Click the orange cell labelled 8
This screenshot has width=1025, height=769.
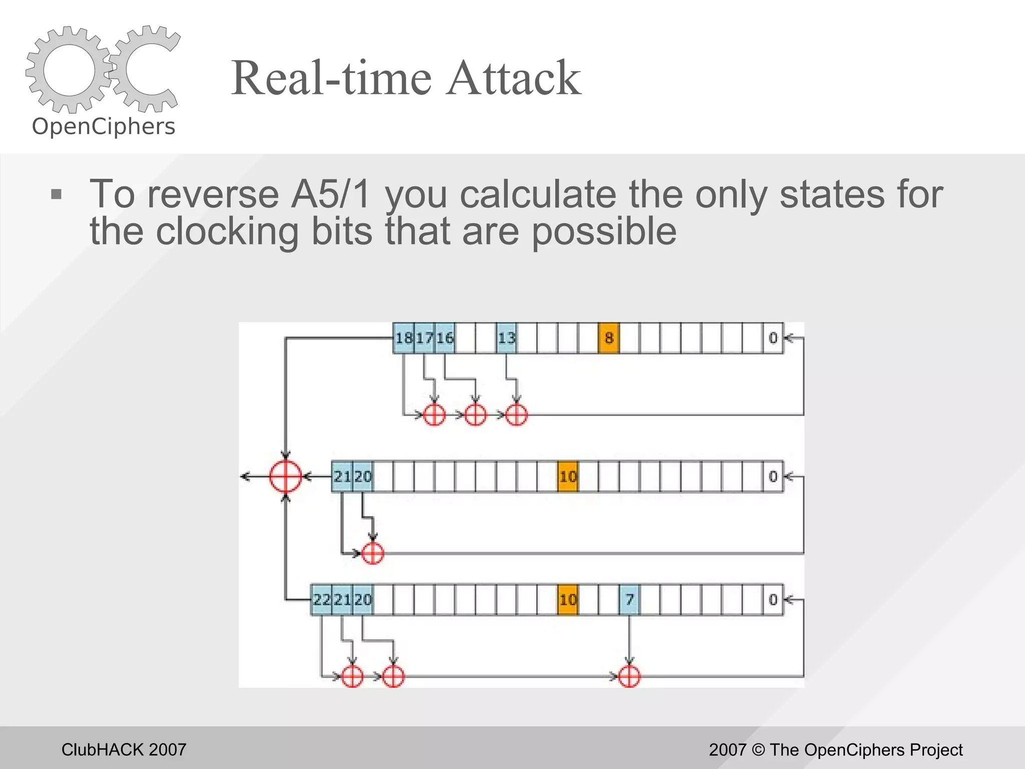pos(609,338)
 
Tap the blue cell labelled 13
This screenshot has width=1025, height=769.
pos(506,338)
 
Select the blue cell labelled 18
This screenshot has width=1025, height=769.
pos(403,338)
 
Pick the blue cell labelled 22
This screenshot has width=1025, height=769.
pos(321,599)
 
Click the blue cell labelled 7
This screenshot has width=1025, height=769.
pos(629,599)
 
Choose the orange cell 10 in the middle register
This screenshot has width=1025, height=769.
pos(568,476)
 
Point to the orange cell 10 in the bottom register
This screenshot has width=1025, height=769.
pos(568,599)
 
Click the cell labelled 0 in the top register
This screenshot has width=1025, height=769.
pos(773,338)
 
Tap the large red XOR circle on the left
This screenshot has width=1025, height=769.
pos(285,476)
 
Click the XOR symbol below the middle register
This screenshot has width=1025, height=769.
pos(372,553)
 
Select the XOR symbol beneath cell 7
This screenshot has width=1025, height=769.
pos(629,677)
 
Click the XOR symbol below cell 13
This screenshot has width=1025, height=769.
pos(516,415)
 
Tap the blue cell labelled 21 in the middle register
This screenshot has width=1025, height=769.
pos(342,476)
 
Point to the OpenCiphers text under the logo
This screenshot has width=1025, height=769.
pos(104,126)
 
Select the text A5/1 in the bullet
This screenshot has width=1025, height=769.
pos(331,194)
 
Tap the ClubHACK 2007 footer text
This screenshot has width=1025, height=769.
pos(124,749)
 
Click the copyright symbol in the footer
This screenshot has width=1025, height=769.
pos(758,749)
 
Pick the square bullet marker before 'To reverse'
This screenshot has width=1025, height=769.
pos(56,194)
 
